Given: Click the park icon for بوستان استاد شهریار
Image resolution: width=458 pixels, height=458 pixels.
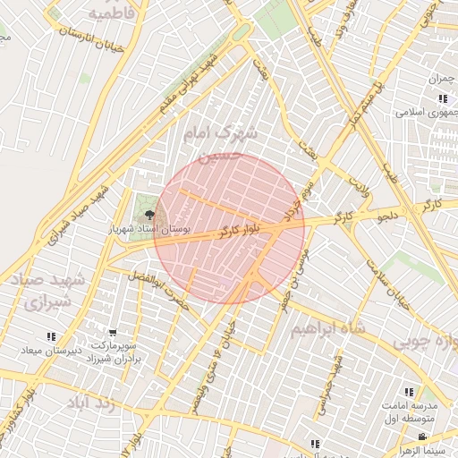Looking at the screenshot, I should point(149,215).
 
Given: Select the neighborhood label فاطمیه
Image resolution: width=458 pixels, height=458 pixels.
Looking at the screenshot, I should point(117,13).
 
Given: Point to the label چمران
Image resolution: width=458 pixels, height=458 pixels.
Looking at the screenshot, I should point(441,80).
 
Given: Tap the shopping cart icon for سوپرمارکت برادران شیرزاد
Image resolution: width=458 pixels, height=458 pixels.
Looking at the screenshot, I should point(112,332).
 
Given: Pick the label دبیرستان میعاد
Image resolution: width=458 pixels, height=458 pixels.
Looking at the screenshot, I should point(50,351).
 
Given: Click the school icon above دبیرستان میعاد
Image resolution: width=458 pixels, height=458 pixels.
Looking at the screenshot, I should point(50,337).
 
